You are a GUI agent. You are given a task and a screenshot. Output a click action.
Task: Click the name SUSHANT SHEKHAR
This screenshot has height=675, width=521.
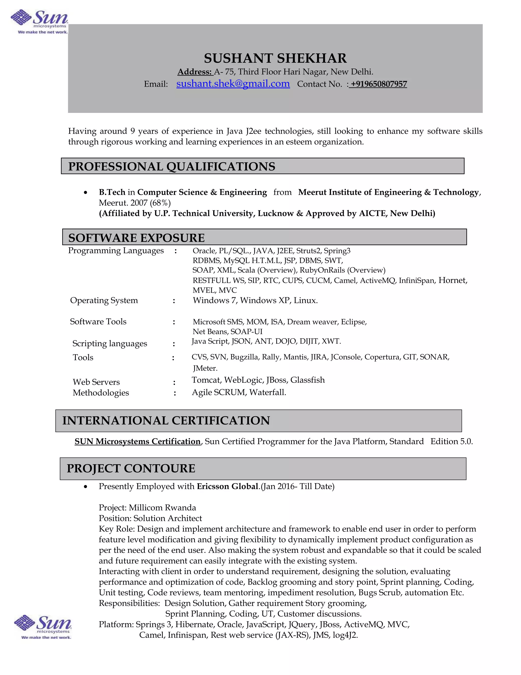(x=275, y=58)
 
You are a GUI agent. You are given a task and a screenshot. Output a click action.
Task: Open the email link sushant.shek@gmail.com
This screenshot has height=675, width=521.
(x=233, y=84)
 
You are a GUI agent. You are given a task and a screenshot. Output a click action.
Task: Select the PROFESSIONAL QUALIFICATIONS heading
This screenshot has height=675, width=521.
(x=172, y=167)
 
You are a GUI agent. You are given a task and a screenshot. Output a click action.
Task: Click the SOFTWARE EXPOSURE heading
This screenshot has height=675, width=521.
(x=136, y=238)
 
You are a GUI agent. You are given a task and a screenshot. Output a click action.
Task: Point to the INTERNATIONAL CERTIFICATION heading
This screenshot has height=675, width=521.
(x=166, y=421)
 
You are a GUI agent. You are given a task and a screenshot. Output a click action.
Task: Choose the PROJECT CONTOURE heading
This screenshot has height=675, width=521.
(x=131, y=468)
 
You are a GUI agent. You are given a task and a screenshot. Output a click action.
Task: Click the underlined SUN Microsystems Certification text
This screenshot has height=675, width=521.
(x=138, y=441)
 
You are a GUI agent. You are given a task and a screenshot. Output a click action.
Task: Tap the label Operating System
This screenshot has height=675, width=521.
(x=104, y=300)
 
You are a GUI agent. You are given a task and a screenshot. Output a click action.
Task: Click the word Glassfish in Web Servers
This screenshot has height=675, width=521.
(x=307, y=380)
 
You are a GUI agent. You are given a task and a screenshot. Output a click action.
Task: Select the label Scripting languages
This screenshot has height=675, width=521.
(x=110, y=344)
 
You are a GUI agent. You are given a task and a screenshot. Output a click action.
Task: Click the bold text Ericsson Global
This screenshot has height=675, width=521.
(x=227, y=487)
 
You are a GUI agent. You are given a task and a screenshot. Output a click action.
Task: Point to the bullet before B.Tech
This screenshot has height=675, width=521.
(x=85, y=193)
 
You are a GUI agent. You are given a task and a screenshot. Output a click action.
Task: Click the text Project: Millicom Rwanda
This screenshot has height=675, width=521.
(x=147, y=508)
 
